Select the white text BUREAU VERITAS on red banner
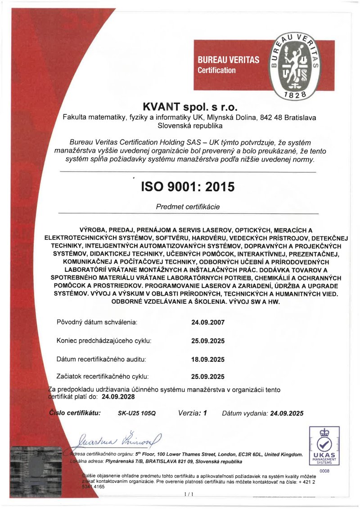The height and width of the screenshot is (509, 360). [229, 60]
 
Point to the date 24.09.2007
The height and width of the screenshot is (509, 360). [208, 323]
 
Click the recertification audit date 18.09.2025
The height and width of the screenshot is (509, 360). [208, 359]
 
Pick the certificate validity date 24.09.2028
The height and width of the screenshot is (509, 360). [118, 397]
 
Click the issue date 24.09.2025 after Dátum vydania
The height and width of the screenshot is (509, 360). [287, 413]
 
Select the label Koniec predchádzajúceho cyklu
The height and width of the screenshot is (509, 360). [104, 341]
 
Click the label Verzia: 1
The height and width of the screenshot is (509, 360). [192, 413]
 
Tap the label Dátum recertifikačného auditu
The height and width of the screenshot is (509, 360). [102, 359]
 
